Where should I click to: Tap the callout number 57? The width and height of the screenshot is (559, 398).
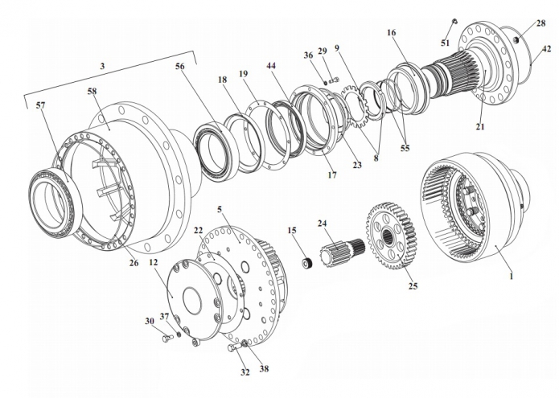(39, 105)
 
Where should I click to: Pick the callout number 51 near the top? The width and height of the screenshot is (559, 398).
(445, 43)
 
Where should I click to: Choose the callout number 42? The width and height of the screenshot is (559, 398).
(546, 49)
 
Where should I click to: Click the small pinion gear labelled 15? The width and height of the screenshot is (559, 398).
(306, 262)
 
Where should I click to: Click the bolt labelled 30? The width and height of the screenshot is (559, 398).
(167, 339)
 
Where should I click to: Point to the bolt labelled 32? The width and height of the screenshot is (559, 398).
(233, 349)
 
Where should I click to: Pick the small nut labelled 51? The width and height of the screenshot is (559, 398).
(455, 21)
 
